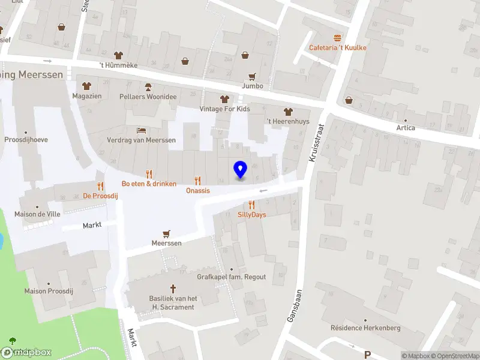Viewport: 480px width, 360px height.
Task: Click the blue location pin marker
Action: [240, 170]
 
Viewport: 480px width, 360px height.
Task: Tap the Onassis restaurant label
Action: [198, 190]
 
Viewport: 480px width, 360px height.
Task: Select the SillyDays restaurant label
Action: [251, 214]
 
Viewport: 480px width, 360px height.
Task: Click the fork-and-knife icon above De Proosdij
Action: [100, 186]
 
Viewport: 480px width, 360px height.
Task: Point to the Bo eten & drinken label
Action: [149, 183]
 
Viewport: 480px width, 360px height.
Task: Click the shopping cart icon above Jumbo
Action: [252, 77]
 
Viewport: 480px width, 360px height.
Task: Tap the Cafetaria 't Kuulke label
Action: [338, 47]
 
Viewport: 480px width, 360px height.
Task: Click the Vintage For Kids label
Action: [225, 109]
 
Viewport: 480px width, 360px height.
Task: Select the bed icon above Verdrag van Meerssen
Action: [141, 130]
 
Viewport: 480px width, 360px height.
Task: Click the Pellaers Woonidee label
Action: [148, 96]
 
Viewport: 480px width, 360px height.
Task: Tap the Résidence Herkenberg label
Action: [365, 328]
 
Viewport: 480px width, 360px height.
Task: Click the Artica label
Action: [406, 128]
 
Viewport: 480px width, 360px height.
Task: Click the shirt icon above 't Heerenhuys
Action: [288, 112]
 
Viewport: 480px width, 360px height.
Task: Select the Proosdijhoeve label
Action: [26, 140]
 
